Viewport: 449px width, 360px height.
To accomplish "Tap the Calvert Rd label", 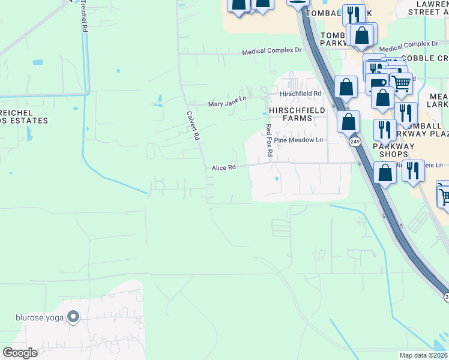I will click(x=192, y=125).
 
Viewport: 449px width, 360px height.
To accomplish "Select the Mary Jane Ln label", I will click(x=227, y=103).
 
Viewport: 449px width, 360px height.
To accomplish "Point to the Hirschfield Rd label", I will click(x=300, y=94).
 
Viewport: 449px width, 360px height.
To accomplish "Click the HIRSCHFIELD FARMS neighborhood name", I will click(x=298, y=114).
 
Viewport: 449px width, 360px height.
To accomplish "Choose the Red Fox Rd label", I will click(x=270, y=140).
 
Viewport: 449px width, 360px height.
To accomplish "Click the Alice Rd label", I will click(x=223, y=168).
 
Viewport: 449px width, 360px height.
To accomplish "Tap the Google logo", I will click(x=20, y=353).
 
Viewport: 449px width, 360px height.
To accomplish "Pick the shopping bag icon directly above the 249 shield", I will click(x=348, y=122).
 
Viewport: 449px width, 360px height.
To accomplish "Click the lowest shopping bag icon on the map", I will click(x=385, y=173).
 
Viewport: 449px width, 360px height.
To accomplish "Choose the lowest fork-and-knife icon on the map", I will click(x=412, y=171).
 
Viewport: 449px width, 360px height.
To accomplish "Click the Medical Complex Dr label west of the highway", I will click(x=271, y=52).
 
